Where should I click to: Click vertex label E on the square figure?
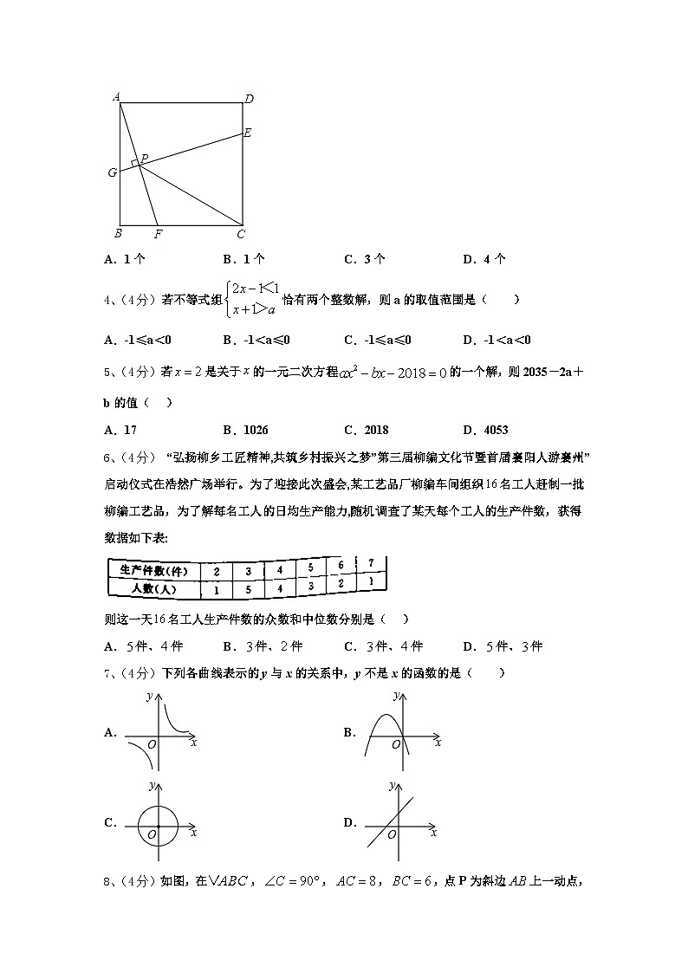[247, 133]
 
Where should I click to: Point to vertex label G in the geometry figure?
[113, 172]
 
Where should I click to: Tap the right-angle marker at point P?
[135, 163]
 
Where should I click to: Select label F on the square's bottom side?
[158, 234]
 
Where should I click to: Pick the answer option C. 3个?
[364, 258]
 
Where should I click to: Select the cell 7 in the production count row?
[371, 563]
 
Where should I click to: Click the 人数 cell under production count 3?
[249, 589]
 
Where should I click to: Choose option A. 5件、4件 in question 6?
[143, 646]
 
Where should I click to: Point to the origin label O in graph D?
[392, 834]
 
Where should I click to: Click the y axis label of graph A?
[151, 695]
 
